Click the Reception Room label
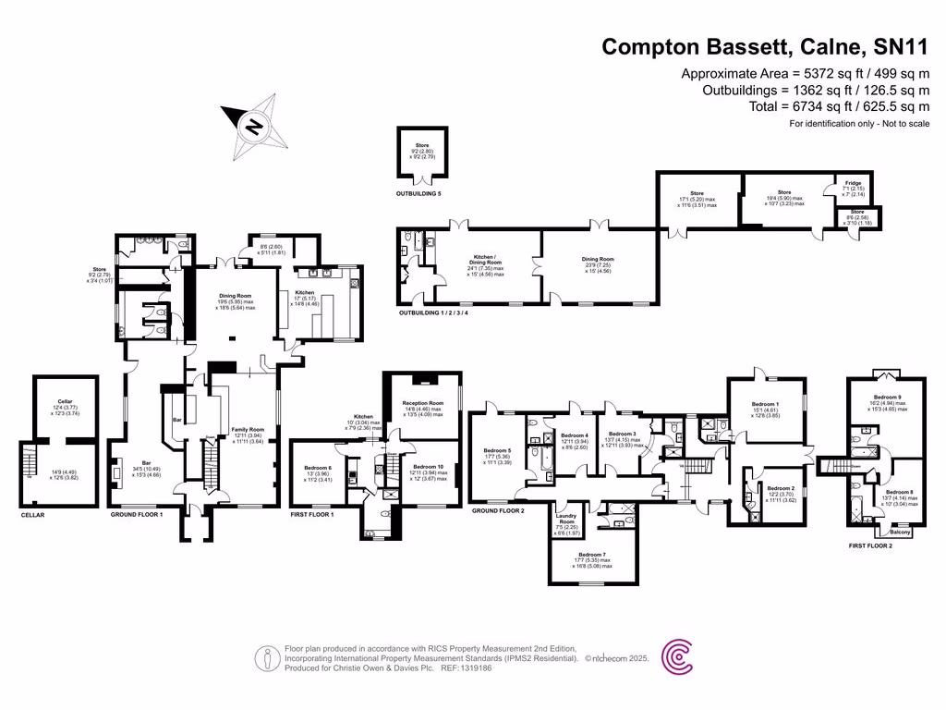click(x=423, y=404)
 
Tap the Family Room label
click(x=247, y=430)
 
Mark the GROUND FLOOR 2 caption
click(x=497, y=510)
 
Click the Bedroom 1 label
click(x=764, y=405)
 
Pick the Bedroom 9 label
click(x=886, y=397)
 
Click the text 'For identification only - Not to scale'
click(x=859, y=124)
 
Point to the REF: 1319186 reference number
click(x=468, y=667)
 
